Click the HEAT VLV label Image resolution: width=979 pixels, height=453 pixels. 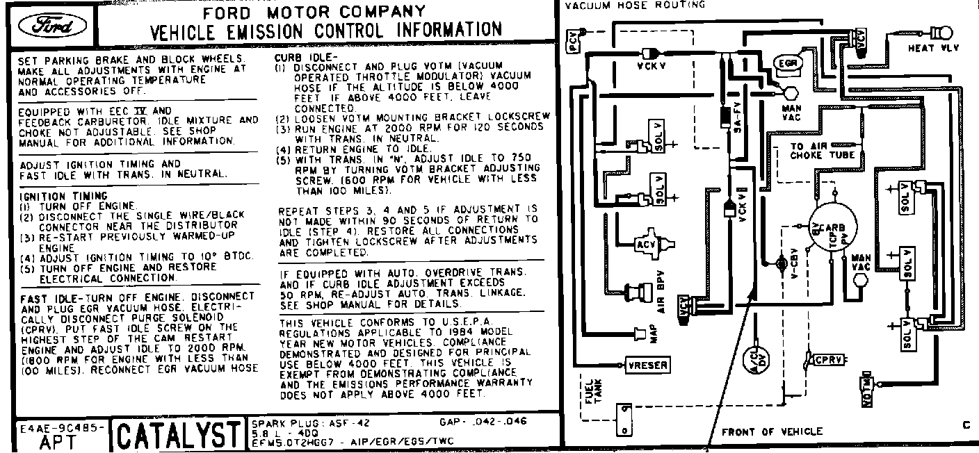click(x=932, y=48)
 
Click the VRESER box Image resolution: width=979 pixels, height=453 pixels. click(x=647, y=365)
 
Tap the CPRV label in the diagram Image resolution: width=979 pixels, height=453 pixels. click(x=828, y=360)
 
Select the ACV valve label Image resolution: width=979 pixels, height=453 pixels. click(x=645, y=245)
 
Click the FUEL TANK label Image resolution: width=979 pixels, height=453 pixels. click(x=593, y=389)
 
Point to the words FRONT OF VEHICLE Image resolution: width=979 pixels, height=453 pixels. click(x=771, y=431)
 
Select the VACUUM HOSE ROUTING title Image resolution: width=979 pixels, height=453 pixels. click(x=635, y=5)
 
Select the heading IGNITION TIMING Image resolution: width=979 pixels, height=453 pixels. click(x=63, y=197)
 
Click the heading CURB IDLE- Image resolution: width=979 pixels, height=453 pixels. click(x=306, y=57)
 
